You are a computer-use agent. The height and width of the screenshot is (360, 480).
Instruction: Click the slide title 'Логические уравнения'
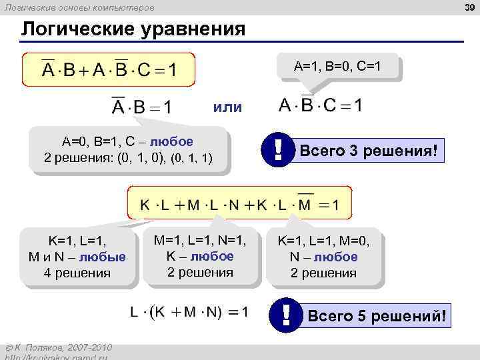(133, 30)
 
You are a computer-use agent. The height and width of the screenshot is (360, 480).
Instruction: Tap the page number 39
(469, 7)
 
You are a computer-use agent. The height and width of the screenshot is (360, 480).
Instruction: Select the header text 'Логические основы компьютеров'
(79, 7)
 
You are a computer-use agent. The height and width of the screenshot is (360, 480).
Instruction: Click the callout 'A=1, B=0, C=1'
(337, 67)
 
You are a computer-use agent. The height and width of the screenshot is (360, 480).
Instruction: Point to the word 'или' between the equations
(228, 107)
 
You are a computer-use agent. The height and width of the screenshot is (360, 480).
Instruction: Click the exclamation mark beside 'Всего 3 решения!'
(275, 149)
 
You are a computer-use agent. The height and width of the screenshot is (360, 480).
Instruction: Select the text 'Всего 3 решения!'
(369, 151)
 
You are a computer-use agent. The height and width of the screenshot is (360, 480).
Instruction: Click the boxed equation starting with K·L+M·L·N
(239, 203)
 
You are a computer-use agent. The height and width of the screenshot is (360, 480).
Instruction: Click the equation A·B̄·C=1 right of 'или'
(321, 105)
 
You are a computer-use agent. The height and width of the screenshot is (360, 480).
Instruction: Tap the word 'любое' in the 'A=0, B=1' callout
(171, 142)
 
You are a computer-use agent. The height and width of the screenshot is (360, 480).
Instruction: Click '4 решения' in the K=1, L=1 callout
(77, 273)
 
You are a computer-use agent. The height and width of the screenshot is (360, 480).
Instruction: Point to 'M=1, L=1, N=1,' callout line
(200, 240)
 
